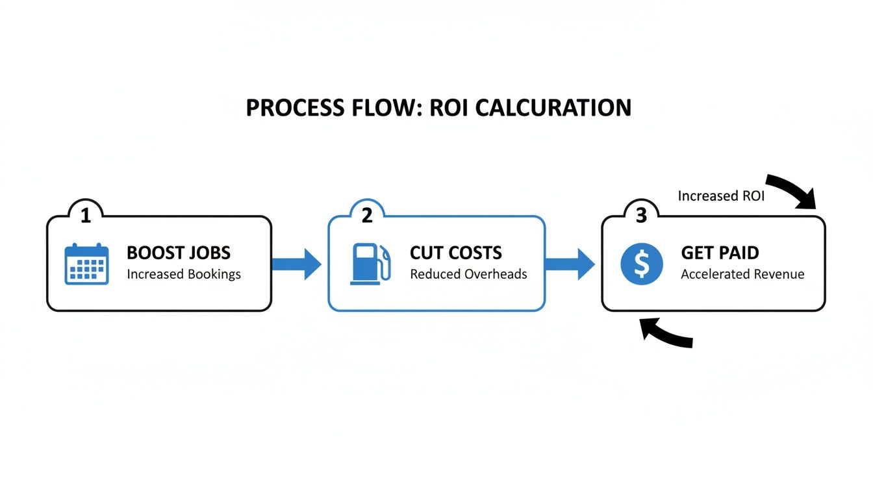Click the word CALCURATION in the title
(x=553, y=108)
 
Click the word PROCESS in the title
(x=290, y=108)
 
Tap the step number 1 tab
(x=85, y=215)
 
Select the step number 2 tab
(x=367, y=215)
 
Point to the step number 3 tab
(x=641, y=215)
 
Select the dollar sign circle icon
(x=642, y=264)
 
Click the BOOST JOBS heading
(x=179, y=252)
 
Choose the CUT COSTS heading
(x=456, y=252)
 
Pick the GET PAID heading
(x=720, y=252)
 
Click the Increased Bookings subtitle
(x=184, y=274)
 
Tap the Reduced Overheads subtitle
(x=468, y=274)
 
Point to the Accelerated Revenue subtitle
(x=742, y=274)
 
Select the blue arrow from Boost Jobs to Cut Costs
(x=297, y=263)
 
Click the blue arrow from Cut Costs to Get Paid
(x=570, y=263)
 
